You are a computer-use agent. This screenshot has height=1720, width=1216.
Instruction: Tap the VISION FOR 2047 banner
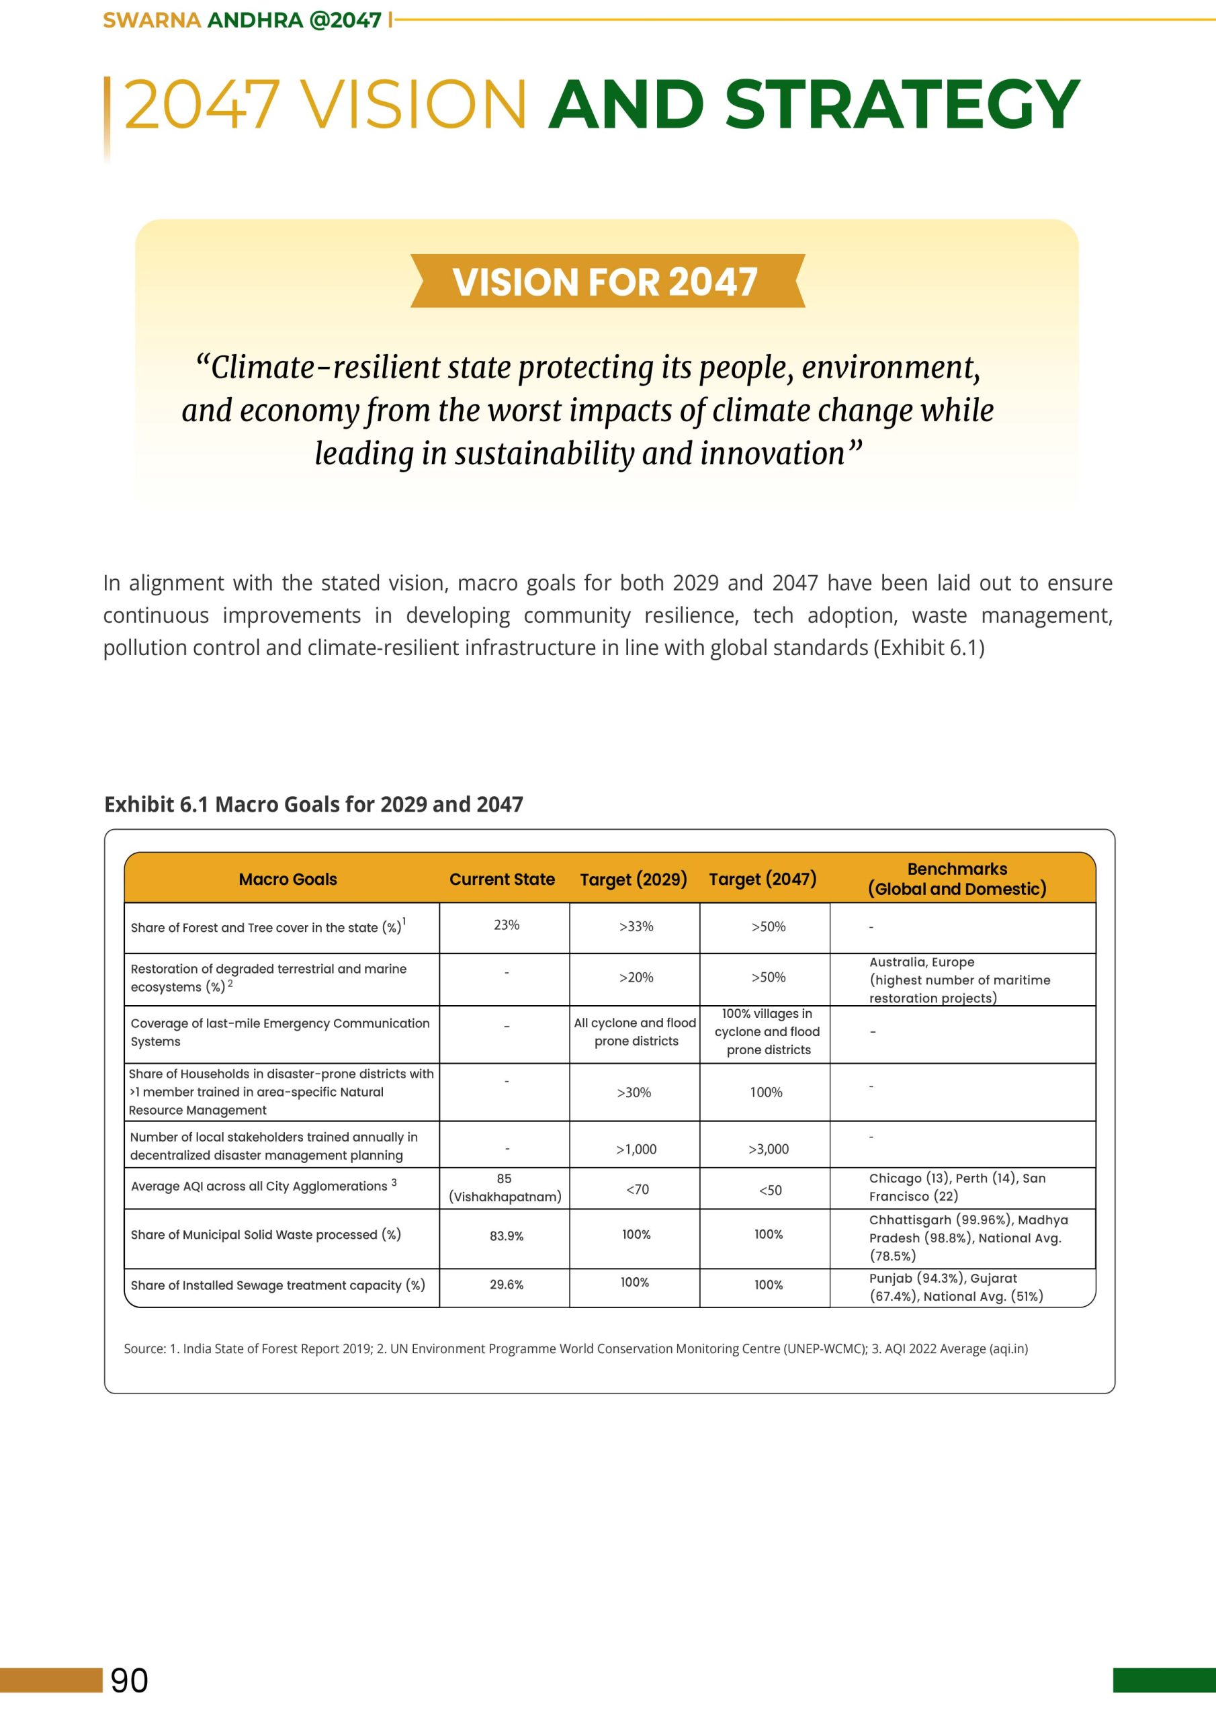click(606, 282)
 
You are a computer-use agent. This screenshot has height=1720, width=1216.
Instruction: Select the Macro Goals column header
click(288, 879)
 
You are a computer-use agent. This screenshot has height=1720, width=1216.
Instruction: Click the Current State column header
click(502, 879)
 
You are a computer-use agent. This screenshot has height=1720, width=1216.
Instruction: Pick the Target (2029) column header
click(633, 879)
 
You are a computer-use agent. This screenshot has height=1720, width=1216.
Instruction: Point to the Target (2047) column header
click(763, 879)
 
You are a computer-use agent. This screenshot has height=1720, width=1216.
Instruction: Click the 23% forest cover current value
click(507, 925)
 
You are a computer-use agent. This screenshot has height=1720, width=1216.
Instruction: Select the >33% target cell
click(636, 927)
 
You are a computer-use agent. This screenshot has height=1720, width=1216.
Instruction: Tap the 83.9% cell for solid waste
click(507, 1236)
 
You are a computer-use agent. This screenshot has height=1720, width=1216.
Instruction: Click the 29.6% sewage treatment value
click(507, 1285)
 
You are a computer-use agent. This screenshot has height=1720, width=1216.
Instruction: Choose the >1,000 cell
click(636, 1149)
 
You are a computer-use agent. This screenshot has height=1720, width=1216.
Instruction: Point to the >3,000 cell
click(768, 1149)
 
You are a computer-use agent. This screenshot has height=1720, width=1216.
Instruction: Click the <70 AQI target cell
click(638, 1190)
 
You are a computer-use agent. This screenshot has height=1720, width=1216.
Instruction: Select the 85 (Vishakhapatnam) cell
click(505, 1188)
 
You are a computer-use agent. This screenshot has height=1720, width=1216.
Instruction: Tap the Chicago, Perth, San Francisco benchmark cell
click(957, 1187)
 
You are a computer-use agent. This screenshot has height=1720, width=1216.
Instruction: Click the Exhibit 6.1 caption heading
click(313, 804)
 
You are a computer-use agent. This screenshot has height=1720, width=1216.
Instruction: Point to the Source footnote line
click(575, 1349)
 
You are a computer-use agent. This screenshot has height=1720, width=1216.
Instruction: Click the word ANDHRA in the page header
click(254, 20)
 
